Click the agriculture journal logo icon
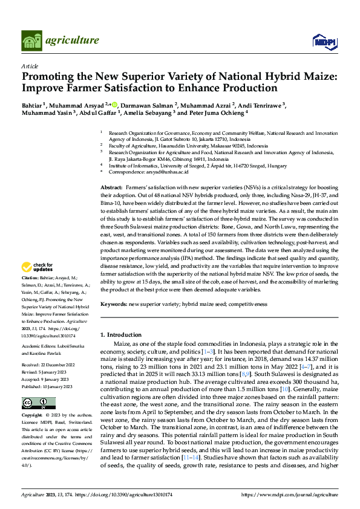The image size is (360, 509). [x=31, y=41]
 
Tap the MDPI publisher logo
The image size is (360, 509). [x=324, y=41]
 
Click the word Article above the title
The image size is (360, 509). [x=30, y=65]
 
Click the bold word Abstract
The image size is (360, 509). [x=111, y=189]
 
